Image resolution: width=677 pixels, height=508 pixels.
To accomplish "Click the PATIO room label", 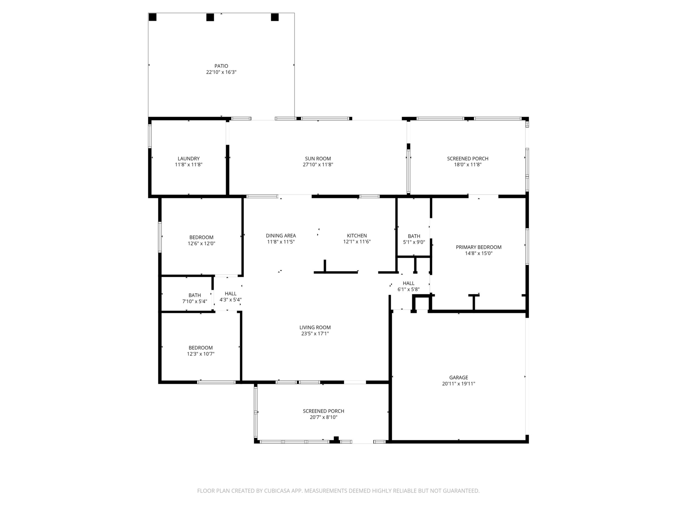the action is (221, 66).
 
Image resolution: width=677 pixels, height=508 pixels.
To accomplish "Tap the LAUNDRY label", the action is (189, 159).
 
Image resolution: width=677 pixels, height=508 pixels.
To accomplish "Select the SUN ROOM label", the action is (318, 159).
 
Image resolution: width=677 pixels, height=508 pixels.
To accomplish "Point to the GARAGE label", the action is (458, 377).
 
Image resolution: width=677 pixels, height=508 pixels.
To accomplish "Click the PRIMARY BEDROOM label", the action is (479, 247).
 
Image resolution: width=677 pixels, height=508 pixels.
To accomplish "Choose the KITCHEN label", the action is (357, 236).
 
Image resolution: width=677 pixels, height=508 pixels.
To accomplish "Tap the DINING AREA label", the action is (281, 236).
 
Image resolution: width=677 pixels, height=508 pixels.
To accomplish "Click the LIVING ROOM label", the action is (315, 327).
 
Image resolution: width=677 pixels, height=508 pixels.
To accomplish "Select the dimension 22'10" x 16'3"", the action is (221, 72).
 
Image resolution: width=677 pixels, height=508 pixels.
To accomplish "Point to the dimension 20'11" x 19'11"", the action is (458, 384).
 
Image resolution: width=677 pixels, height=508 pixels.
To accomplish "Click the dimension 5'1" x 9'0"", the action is (414, 242).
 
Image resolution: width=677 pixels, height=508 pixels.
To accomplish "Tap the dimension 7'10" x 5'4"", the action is (195, 301).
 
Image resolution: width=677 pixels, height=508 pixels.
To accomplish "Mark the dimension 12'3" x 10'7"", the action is (201, 354).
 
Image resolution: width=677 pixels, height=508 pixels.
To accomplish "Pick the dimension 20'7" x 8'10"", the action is (324, 417).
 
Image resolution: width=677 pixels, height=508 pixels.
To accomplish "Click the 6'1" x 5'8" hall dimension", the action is (408, 289).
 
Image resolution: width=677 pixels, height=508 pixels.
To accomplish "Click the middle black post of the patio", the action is (210, 17).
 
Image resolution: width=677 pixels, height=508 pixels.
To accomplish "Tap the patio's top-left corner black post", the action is (152, 17).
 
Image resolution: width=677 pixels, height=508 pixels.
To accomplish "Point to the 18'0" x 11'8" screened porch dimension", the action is (468, 165).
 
